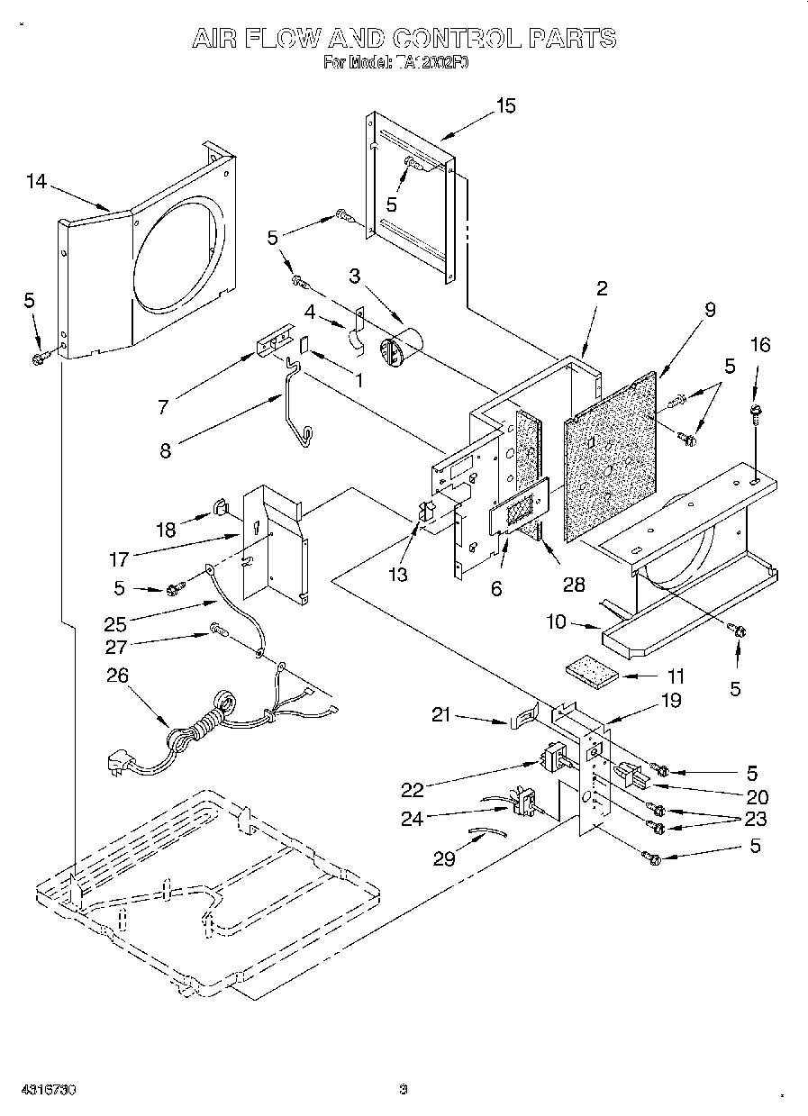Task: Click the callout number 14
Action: tap(35, 182)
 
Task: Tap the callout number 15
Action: tap(505, 106)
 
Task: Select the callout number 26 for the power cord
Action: tap(118, 675)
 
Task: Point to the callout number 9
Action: tap(710, 310)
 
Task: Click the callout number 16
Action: tap(760, 344)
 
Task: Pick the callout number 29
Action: tap(444, 858)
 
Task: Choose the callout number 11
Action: tap(675, 676)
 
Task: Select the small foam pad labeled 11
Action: tap(591, 673)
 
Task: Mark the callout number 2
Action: tap(602, 289)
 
